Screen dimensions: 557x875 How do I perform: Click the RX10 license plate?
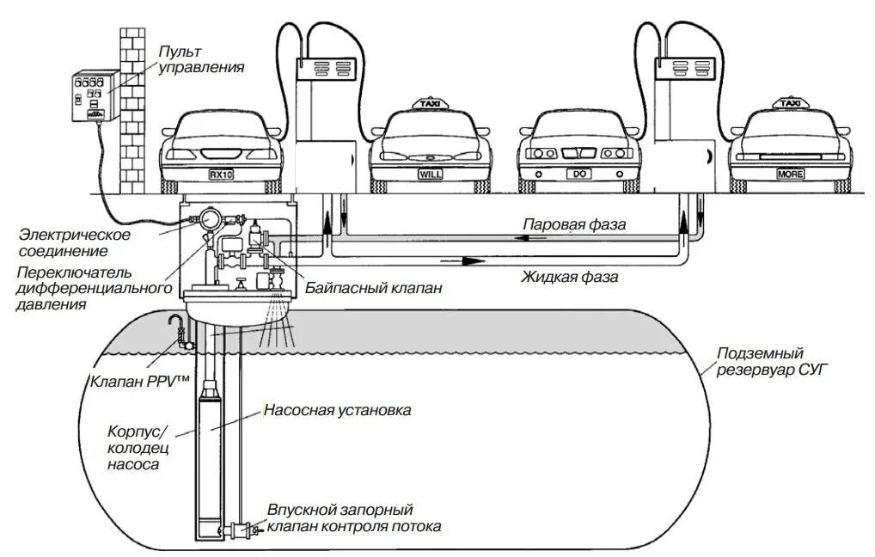(221, 174)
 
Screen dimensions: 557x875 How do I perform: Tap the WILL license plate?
(430, 174)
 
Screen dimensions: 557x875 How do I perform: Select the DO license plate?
(578, 174)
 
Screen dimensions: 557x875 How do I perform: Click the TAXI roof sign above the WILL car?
(430, 104)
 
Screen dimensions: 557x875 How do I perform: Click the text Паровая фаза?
(574, 223)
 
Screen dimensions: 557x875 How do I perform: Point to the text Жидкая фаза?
(569, 277)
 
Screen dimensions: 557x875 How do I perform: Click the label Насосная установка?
(337, 410)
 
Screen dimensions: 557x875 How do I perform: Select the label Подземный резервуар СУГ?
(760, 361)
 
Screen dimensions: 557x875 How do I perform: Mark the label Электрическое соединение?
(75, 242)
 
